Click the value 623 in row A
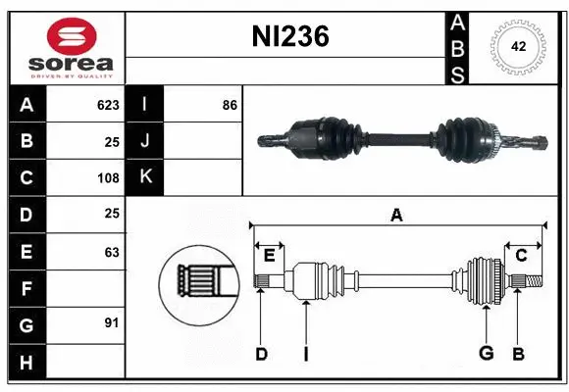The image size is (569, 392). tap(108, 104)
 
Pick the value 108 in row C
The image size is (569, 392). tap(108, 178)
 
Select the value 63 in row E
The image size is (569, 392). tap(112, 252)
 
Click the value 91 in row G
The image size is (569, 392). tap(112, 322)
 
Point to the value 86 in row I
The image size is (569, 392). tap(230, 104)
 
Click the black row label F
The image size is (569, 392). tap(26, 288)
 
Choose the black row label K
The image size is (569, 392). tap(145, 177)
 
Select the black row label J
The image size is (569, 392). tap(145, 141)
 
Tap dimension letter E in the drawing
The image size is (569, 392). tap(269, 257)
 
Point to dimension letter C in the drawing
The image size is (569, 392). tap(522, 257)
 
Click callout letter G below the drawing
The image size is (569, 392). tap(486, 354)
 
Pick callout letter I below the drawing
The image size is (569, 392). tap(305, 354)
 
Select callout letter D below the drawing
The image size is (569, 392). tap(261, 354)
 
